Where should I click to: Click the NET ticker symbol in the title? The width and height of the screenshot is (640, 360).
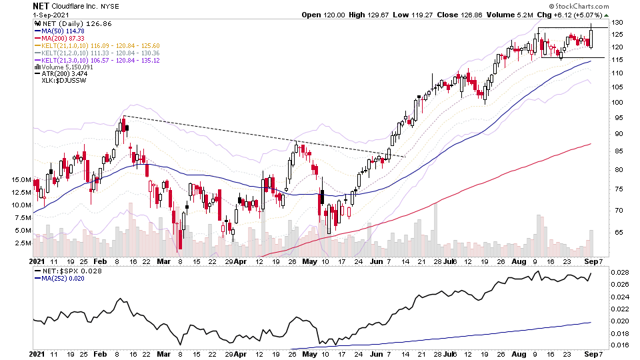[x=41, y=5]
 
